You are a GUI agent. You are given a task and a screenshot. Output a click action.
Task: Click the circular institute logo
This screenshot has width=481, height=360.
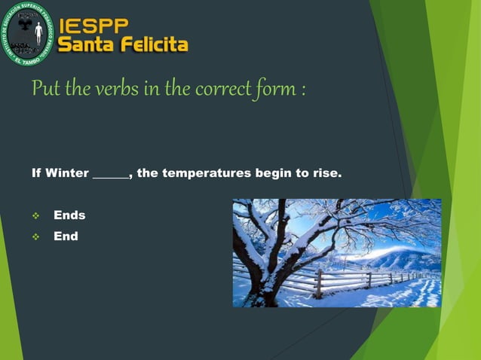click(27, 33)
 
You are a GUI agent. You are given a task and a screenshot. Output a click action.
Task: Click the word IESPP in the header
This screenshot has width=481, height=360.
click(92, 25)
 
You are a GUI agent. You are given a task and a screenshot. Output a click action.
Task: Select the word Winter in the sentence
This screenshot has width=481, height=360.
click(66, 174)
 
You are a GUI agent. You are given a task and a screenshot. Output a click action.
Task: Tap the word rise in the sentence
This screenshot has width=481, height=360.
click(325, 174)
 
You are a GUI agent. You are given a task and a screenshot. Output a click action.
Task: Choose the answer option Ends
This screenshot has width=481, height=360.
click(69, 215)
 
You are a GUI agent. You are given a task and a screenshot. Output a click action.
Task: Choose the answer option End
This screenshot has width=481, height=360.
click(66, 236)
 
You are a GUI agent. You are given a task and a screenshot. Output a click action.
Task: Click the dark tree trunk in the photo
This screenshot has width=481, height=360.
click(264, 279)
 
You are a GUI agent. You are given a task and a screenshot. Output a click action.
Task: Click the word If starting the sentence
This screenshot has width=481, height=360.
click(36, 174)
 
